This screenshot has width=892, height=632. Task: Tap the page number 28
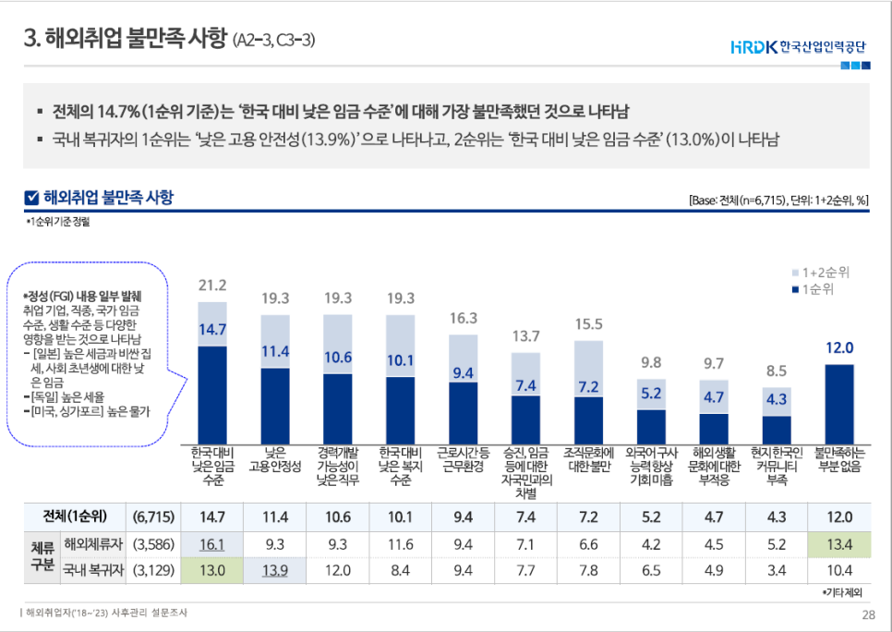pos(867,615)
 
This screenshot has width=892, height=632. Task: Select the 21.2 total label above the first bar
pos(212,285)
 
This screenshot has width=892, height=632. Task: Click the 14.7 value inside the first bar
pos(212,329)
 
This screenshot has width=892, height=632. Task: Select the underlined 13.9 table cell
pos(275,570)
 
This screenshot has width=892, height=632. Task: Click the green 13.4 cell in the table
pos(838,544)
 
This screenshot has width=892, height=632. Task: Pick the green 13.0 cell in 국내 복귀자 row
pos(212,570)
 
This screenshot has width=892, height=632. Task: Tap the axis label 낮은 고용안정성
pos(275,460)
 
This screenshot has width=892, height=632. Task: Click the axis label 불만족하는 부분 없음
pos(838,460)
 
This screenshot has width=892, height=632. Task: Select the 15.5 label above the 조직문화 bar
pos(588,324)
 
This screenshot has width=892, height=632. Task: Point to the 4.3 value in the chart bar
pos(777,399)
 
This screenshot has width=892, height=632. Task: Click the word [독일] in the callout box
pos(46,396)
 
